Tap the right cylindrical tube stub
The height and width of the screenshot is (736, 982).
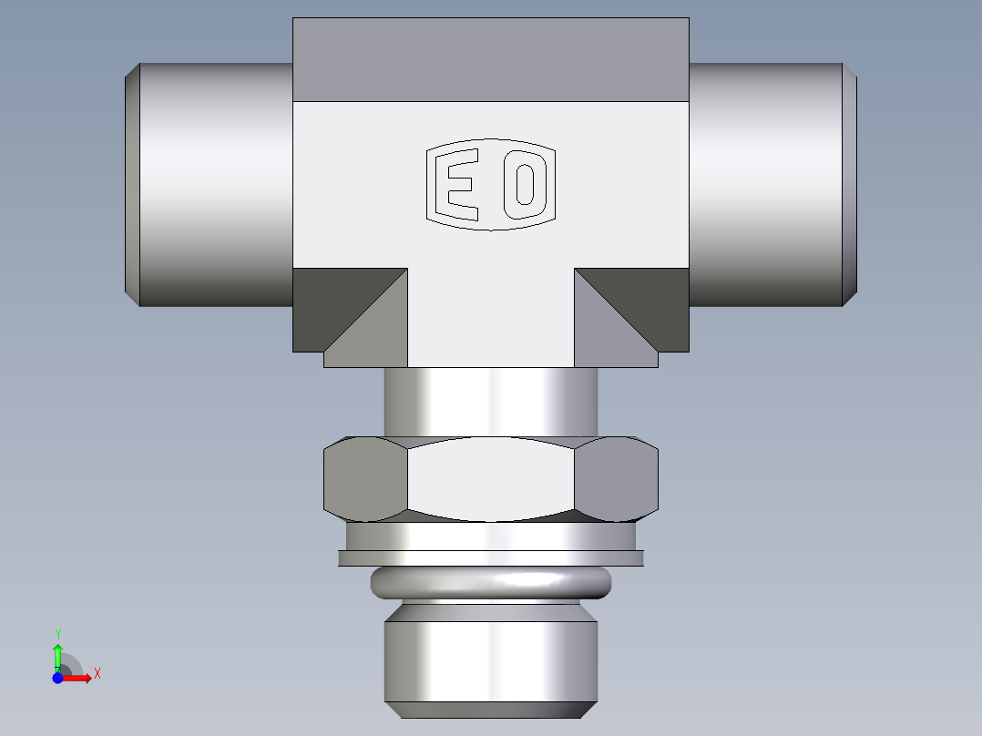765,182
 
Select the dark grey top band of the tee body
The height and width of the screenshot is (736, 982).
490,59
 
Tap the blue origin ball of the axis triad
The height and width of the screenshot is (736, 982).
57,678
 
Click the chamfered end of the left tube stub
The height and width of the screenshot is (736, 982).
131,182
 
